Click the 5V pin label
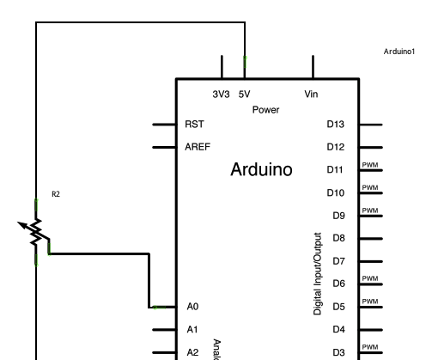244,95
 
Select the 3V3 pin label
221,95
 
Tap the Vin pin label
311,95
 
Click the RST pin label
195,125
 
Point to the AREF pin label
198,147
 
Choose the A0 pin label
192,306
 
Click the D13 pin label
336,125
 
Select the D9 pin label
338,216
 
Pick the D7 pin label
338,260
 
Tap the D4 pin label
338,329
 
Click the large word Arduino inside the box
261,170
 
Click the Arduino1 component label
399,52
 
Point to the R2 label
56,195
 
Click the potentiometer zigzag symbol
35,230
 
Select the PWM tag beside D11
369,165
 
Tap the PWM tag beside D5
369,302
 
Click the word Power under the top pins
266,110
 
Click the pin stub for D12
370,147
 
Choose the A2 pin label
192,351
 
